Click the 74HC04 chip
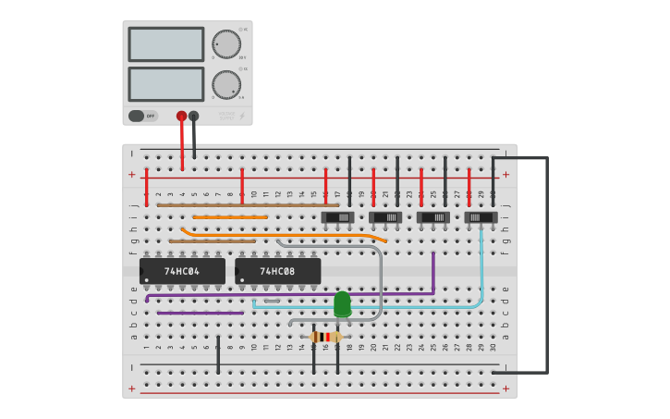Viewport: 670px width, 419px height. point(182,271)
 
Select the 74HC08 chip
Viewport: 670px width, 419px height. point(277,271)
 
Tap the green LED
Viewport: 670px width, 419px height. point(342,303)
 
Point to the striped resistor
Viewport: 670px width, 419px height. point(325,337)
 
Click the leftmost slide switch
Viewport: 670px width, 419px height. point(337,217)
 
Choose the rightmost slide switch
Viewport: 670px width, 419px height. point(481,217)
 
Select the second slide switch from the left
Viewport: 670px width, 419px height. point(385,217)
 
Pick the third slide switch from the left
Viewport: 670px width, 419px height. point(432,217)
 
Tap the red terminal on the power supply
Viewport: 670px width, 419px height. point(181,116)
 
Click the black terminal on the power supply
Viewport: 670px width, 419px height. point(193,116)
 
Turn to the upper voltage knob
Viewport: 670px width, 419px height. point(225,44)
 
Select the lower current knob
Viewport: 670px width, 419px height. point(225,84)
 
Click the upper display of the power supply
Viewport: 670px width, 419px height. point(166,44)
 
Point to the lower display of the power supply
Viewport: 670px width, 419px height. point(166,84)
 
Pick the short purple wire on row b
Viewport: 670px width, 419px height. point(200,313)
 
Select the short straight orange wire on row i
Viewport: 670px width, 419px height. point(230,216)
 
